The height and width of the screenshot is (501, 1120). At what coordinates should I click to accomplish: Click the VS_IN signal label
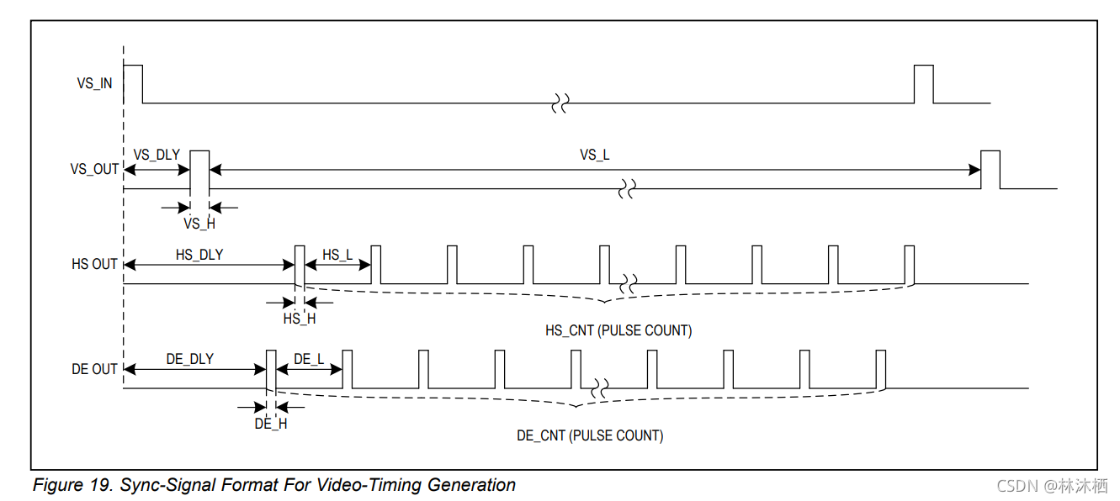click(x=94, y=84)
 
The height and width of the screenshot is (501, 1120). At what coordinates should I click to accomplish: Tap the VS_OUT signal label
click(x=94, y=169)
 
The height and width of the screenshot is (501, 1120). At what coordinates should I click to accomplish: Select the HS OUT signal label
click(x=94, y=264)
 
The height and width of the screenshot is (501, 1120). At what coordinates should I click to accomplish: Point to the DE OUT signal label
click(x=94, y=369)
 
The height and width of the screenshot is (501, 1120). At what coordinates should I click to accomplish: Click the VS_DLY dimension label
click(x=157, y=155)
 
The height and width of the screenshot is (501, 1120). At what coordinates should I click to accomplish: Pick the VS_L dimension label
click(x=594, y=155)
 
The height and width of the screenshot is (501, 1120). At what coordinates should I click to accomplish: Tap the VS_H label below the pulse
click(x=199, y=224)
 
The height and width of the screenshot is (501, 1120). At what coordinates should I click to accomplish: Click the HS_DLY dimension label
click(x=199, y=254)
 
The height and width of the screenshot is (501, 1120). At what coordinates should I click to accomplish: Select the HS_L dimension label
click(x=337, y=254)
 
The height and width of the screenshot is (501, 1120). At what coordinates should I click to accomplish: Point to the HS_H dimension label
click(x=300, y=319)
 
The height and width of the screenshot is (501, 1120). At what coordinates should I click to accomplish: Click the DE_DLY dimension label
click(x=189, y=359)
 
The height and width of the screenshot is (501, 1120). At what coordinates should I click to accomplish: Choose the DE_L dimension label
click(x=308, y=359)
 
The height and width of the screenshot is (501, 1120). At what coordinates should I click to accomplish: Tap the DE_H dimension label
click(x=271, y=424)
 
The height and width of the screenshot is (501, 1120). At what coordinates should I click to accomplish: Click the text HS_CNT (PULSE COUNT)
click(x=618, y=330)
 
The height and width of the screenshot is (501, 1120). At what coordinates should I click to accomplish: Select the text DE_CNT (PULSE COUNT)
click(x=590, y=435)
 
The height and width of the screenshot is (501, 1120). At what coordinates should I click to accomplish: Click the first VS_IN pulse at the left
click(x=133, y=82)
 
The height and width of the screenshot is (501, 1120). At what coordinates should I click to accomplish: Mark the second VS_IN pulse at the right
click(x=923, y=82)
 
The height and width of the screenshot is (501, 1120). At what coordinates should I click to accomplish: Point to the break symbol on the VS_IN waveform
click(x=560, y=103)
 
